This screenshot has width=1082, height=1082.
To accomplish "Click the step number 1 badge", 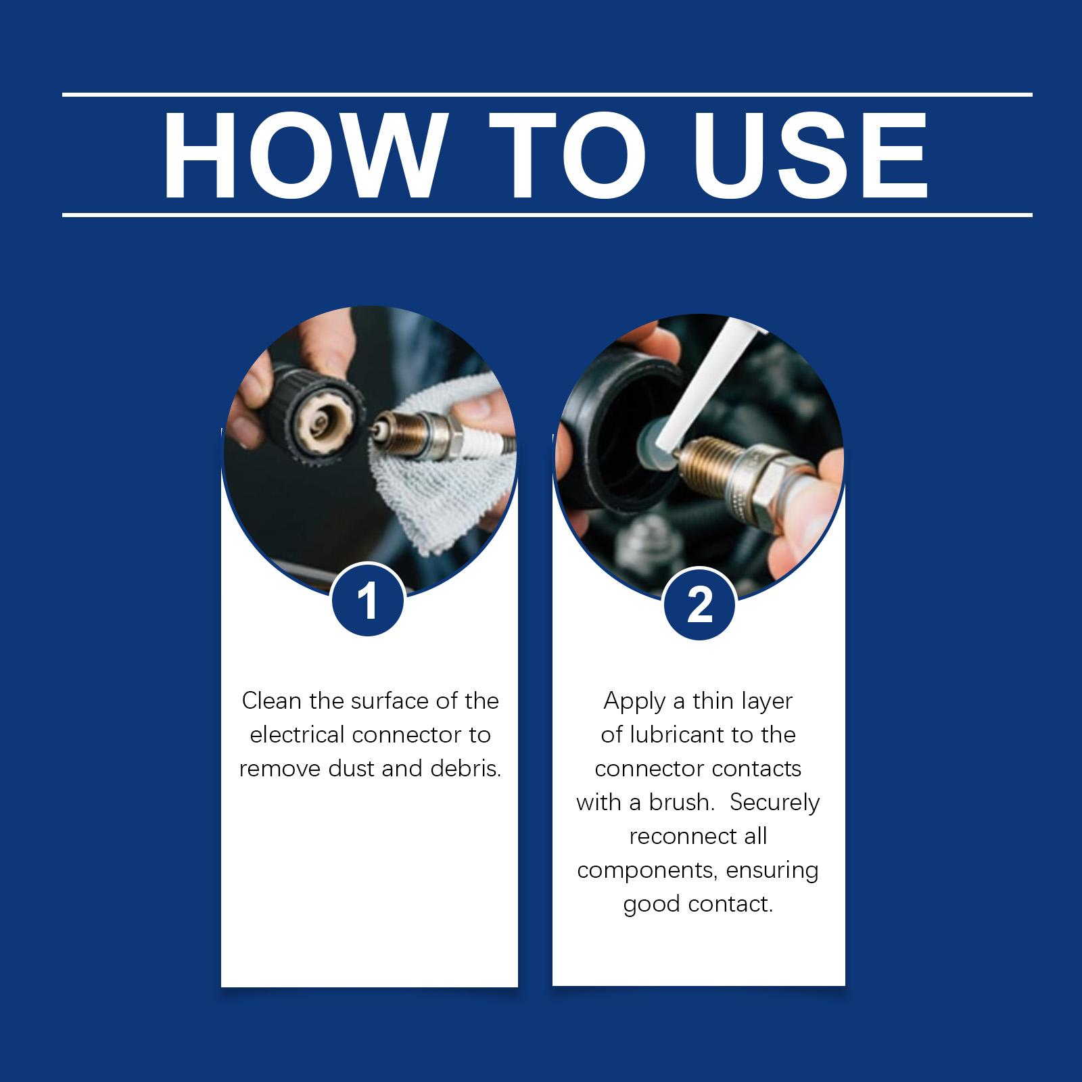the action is (x=368, y=600).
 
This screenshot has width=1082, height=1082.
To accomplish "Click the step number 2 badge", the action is (x=699, y=603).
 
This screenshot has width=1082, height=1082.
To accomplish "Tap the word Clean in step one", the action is (x=272, y=701).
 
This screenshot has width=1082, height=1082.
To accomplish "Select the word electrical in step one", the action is (x=298, y=734).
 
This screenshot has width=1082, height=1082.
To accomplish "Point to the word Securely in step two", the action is (x=775, y=803).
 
